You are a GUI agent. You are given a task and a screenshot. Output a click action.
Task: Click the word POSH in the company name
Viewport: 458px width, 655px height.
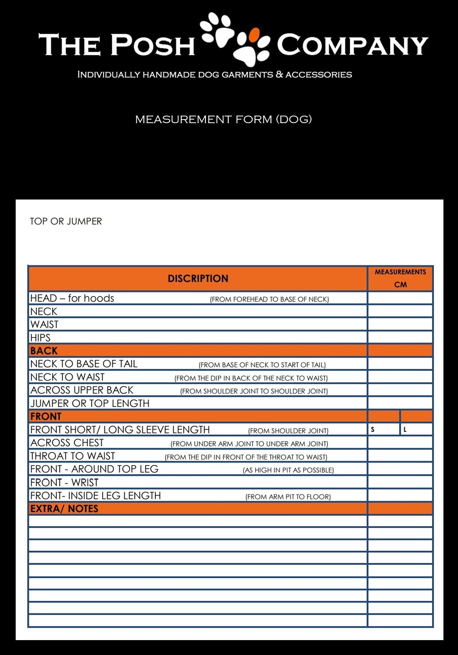tap(153, 45)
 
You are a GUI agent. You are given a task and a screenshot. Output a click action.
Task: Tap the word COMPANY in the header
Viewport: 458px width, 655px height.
tap(352, 45)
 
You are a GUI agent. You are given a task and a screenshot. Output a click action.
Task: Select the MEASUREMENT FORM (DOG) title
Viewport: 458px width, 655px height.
tap(223, 119)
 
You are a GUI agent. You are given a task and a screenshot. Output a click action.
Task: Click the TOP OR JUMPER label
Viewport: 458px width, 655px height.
tap(66, 221)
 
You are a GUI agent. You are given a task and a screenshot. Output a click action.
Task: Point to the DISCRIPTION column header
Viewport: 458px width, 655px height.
tap(198, 279)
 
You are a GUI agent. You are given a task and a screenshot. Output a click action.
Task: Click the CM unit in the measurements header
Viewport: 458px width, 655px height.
tap(400, 285)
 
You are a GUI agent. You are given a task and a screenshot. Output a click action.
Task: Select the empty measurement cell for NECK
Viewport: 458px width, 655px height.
tap(400, 311)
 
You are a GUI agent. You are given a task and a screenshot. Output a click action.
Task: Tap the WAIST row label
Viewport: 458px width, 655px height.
tap(44, 325)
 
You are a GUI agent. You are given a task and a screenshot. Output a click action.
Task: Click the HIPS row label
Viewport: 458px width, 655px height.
tap(40, 338)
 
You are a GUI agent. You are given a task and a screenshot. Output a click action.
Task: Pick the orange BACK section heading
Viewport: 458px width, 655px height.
tap(44, 351)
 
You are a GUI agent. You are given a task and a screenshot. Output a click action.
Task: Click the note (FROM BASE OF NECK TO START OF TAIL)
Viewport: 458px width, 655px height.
tap(262, 365)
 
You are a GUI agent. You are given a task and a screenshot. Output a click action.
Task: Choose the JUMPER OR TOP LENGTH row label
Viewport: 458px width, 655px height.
tap(90, 403)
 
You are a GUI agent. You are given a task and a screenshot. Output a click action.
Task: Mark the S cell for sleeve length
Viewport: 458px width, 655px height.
tap(383, 430)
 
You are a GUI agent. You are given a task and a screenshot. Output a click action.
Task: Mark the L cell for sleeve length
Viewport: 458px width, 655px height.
tap(416, 430)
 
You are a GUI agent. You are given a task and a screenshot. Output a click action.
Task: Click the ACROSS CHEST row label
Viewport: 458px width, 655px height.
tap(67, 443)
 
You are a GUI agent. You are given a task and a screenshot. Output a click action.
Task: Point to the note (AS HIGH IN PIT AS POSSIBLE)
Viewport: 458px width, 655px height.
tap(288, 470)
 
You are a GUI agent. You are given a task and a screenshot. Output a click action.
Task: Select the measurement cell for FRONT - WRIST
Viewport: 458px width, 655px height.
tap(400, 483)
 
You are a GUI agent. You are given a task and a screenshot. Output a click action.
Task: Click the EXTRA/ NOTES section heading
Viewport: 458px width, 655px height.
tap(64, 509)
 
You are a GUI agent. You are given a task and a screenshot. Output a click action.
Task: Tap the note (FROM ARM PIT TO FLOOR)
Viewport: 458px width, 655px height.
tap(288, 497)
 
